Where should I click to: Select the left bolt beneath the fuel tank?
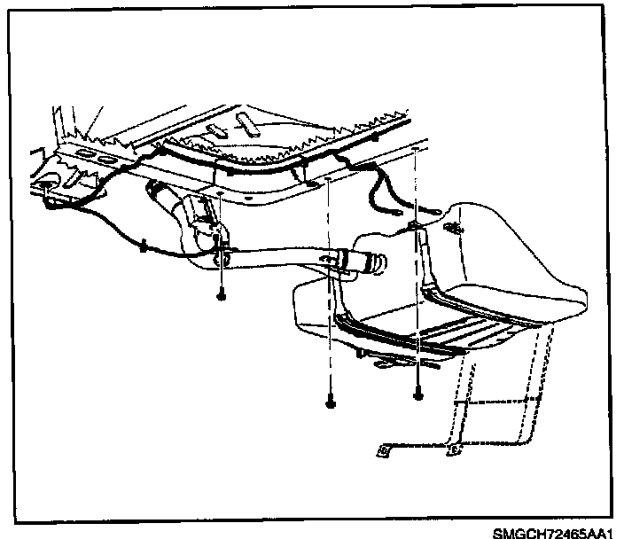pyautogui.click(x=330, y=402)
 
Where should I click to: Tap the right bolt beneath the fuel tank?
pyautogui.click(x=417, y=394)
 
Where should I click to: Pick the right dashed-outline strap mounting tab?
pyautogui.click(x=454, y=449)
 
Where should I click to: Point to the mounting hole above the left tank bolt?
pyautogui.click(x=329, y=179)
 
